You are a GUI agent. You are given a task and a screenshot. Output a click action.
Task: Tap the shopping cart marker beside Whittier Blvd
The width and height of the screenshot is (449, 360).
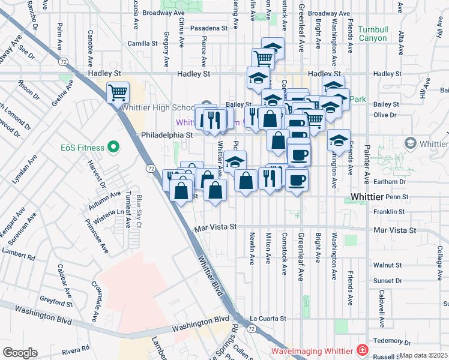[118, 93]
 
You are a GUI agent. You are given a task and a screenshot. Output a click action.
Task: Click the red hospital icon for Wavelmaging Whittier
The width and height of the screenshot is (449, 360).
[363, 350]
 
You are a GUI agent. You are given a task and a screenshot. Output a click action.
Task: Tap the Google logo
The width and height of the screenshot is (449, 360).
[20, 352]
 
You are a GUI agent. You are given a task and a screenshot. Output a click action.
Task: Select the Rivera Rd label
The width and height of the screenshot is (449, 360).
[77, 348]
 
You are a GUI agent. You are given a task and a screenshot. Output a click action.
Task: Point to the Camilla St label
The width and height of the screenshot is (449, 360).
[142, 44]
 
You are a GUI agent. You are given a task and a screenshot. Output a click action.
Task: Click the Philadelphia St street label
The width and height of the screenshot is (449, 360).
[166, 136]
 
